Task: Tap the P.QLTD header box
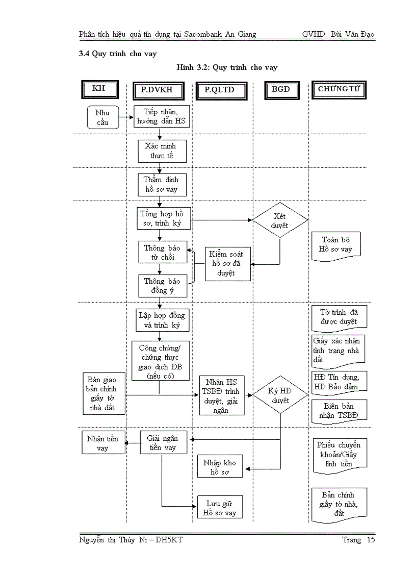pos(219,90)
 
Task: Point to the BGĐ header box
pos(281,90)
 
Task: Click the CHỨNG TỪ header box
pos(339,90)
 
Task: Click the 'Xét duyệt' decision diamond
pos(280,220)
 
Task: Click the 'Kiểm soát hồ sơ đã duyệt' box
pos(227,264)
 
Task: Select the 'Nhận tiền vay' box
pos(102,443)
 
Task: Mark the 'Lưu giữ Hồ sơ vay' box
pos(220,508)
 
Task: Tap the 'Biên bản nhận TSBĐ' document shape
pos(339,411)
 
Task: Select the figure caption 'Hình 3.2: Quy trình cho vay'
pos(227,67)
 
